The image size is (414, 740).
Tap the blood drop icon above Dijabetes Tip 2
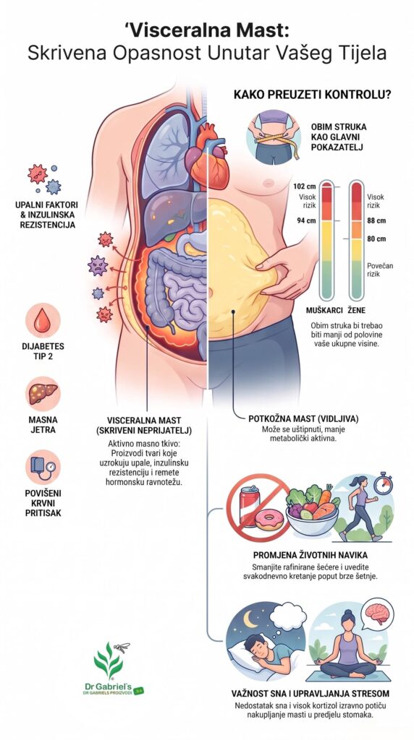pyautogui.click(x=43, y=320)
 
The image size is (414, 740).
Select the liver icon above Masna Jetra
pyautogui.click(x=43, y=394)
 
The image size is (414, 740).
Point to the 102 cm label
pyautogui.click(x=302, y=186)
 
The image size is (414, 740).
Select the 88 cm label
pyautogui.click(x=376, y=220)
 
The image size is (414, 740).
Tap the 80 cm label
pyautogui.click(x=376, y=238)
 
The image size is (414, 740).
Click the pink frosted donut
pyautogui.click(x=269, y=520)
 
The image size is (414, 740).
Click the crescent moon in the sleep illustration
pyautogui.click(x=249, y=619)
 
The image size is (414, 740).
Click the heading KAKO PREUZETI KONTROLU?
pyautogui.click(x=312, y=95)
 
